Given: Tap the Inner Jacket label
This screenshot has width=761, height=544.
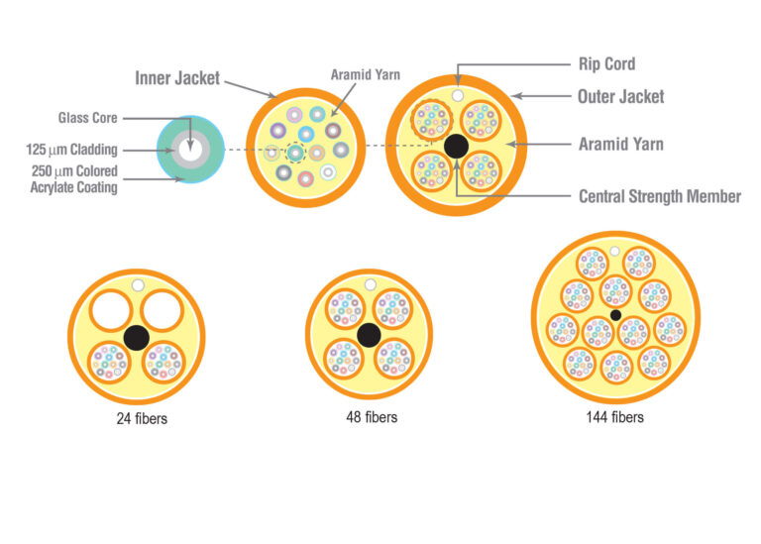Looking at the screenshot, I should click(x=177, y=77).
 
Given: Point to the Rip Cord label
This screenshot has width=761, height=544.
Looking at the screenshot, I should click(x=605, y=64).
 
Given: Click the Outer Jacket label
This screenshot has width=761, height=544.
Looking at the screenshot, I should click(x=620, y=96).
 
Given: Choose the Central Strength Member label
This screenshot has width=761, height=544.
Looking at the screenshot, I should click(x=659, y=196).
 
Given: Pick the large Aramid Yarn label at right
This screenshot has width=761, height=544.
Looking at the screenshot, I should click(x=620, y=144).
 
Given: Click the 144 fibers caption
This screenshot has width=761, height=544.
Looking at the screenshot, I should click(x=614, y=417).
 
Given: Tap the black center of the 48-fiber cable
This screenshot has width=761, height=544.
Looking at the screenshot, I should click(x=369, y=335).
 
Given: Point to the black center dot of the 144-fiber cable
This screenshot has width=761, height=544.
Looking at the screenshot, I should click(x=615, y=315).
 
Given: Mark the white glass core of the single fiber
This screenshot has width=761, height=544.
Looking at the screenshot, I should click(x=191, y=150).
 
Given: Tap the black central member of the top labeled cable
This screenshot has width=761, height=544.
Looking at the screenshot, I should click(x=456, y=146).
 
